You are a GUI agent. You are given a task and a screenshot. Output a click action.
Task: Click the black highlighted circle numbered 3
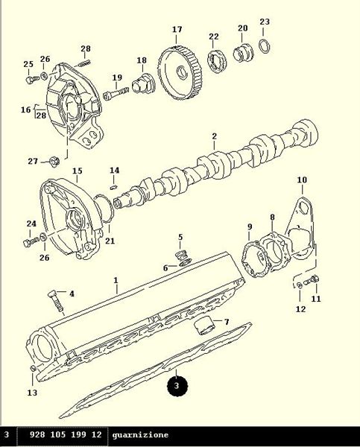pos(177,386)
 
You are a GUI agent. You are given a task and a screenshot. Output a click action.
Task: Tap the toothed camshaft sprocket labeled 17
pos(180,73)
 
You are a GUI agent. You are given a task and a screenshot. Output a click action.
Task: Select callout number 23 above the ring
pos(265,22)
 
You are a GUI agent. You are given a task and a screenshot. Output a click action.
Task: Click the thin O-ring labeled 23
pos(265,46)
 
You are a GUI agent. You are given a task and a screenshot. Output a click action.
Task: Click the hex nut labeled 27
pos(54,162)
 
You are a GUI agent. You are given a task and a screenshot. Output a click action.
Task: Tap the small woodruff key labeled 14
pos(114,187)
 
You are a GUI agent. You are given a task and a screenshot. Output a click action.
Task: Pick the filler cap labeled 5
pos(183,254)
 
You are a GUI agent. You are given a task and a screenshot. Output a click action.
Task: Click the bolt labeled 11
pos(312,281)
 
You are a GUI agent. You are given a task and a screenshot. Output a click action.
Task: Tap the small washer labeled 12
pos(299,285)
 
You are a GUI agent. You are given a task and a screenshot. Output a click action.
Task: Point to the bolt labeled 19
pos(116,93)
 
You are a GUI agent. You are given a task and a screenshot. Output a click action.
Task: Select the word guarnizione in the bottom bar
pos(140,435)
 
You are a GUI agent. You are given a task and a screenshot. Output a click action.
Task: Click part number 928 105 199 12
pos(66,434)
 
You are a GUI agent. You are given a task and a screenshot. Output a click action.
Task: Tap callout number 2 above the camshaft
pos(214,136)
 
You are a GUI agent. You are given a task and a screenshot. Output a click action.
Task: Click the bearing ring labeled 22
pos(217,62)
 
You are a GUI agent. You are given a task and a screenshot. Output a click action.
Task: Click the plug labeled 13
pos(33,368)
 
